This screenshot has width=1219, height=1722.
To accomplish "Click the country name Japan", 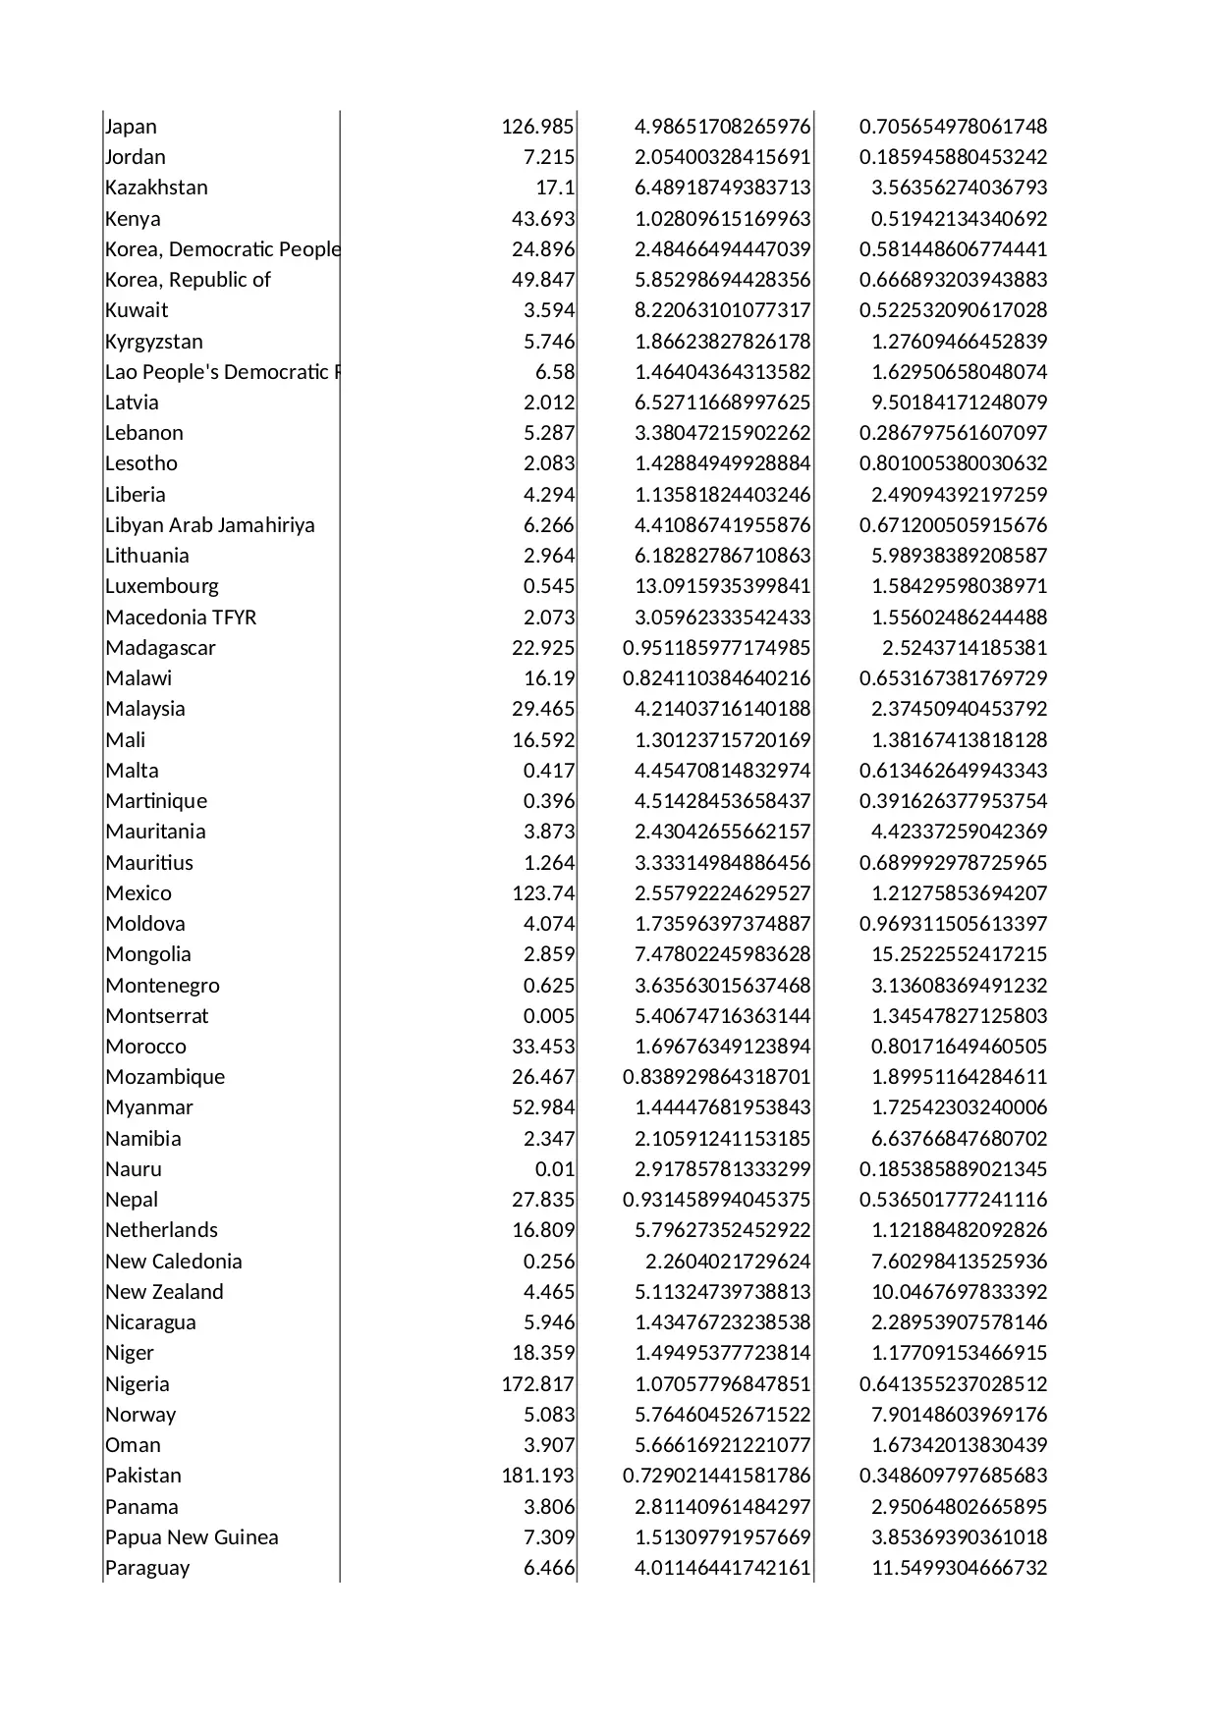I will point(131,127).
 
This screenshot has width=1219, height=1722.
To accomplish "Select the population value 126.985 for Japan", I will point(537,127).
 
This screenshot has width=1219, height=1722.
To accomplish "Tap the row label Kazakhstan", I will point(156,188).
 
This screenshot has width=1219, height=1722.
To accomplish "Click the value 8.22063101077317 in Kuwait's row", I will point(722,310).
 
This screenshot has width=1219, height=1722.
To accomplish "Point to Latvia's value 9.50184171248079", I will point(959,403).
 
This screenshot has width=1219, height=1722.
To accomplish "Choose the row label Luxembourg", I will point(162,586).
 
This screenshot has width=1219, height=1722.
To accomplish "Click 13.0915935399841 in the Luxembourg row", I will point(722,586).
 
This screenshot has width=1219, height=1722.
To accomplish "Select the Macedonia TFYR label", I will point(181,618).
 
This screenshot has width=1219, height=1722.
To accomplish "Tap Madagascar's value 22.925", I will point(543,648).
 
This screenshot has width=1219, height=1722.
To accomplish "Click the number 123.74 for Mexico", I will point(543,893).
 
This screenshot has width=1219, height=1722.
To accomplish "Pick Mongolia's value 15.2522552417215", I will point(959,954).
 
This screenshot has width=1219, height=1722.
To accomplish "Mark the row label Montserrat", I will point(157,1016).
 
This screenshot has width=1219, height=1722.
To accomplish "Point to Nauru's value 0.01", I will point(555,1169).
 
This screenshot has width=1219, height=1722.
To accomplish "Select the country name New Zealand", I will point(164,1292).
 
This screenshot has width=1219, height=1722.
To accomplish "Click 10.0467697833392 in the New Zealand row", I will point(959,1292).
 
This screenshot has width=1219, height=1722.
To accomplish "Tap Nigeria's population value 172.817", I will point(537,1384).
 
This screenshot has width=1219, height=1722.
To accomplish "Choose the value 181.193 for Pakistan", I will point(537,1476).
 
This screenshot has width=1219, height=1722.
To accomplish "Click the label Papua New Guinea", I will point(192,1537).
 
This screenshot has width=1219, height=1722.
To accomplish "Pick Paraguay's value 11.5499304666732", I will point(959,1568).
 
